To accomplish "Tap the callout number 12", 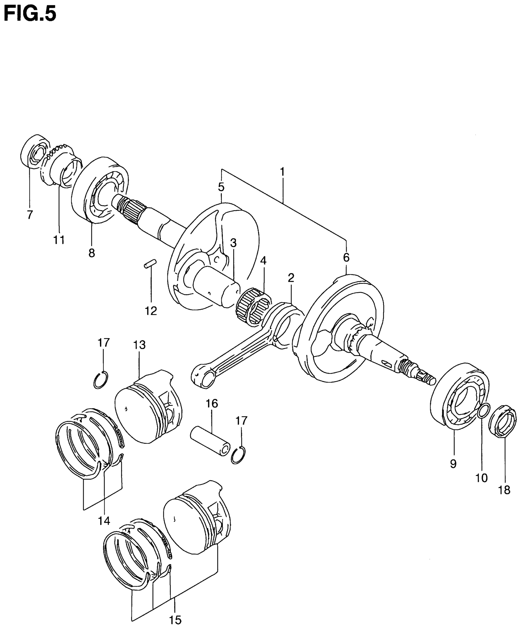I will tap(151, 311).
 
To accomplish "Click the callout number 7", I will tap(30, 214).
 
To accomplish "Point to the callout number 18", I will tap(504, 490).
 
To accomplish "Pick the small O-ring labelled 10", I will tap(483, 411).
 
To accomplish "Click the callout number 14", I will tap(104, 520).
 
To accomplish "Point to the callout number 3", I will tap(233, 243).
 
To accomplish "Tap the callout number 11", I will tap(59, 239).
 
